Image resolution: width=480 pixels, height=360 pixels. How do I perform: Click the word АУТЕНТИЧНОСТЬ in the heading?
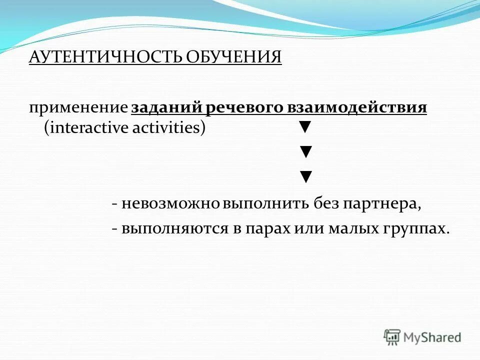(106, 56)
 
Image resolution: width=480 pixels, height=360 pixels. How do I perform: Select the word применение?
(78, 108)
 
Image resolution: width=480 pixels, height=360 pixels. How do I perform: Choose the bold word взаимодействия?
(358, 108)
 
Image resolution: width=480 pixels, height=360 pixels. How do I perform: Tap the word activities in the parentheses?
(168, 128)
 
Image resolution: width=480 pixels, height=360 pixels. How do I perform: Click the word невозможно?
(171, 204)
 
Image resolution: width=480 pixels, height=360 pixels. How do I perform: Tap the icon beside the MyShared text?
(392, 337)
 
